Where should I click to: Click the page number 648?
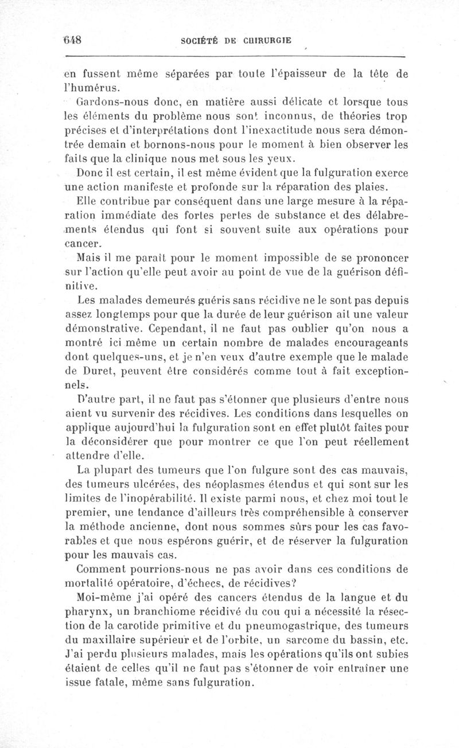[x=73, y=40]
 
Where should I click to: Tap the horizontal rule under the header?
[x=235, y=57]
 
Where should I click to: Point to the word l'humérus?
[x=92, y=88]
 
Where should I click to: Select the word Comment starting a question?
[x=100, y=570]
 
